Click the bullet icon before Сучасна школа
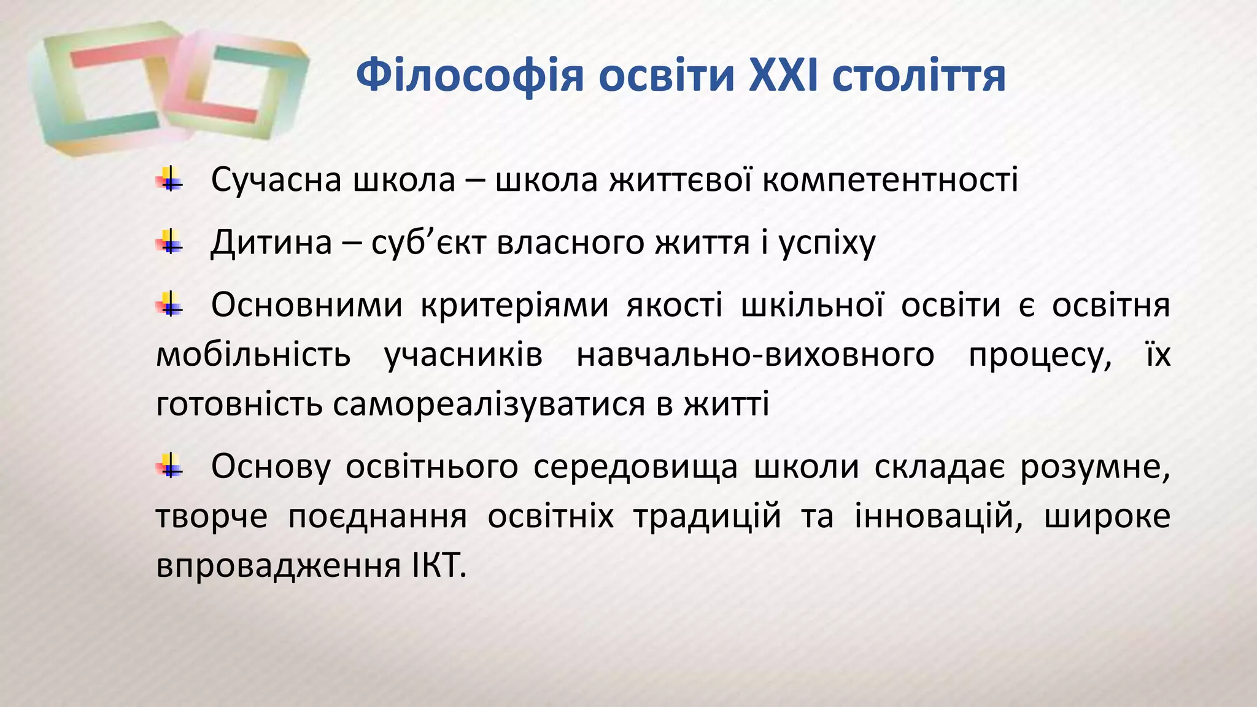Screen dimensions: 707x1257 click(x=169, y=180)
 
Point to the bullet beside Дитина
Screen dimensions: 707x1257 click(x=169, y=242)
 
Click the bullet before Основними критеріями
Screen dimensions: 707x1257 click(x=169, y=305)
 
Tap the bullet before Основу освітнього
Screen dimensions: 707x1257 click(x=169, y=466)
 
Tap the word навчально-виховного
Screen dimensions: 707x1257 click(x=755, y=355)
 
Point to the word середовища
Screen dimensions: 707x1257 click(x=635, y=466)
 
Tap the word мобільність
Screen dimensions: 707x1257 click(x=253, y=355)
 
